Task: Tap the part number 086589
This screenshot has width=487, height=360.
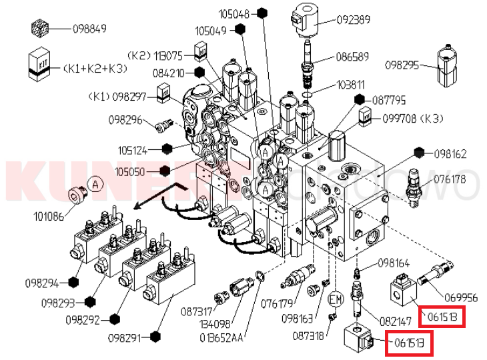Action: (x=351, y=57)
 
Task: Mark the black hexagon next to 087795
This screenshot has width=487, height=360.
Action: (x=360, y=100)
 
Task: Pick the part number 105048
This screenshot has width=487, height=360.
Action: (x=233, y=13)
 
